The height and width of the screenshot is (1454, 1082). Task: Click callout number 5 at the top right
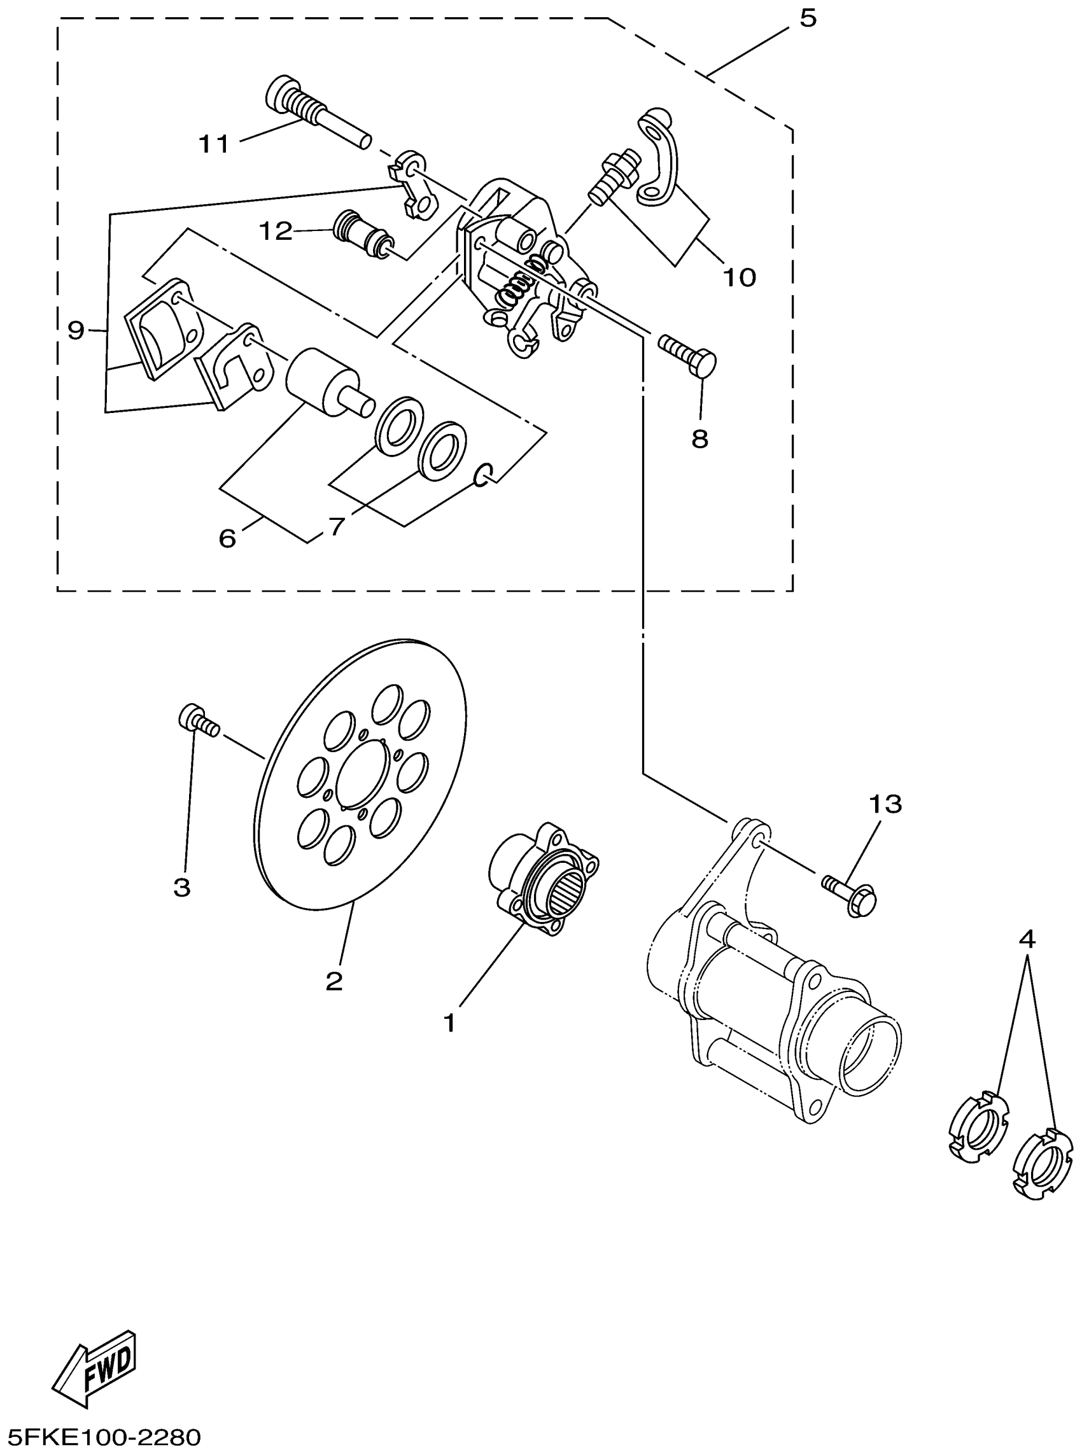[x=808, y=19]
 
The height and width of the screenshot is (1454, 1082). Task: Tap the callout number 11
[x=214, y=143]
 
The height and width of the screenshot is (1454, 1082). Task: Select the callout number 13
[x=885, y=803]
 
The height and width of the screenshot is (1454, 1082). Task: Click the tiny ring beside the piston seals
[x=482, y=477]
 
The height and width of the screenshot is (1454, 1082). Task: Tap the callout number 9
[x=76, y=330]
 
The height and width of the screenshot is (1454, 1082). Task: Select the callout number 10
[x=740, y=277]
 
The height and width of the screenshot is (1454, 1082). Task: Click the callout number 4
[x=1027, y=940]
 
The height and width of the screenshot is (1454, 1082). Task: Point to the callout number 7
[x=337, y=526]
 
